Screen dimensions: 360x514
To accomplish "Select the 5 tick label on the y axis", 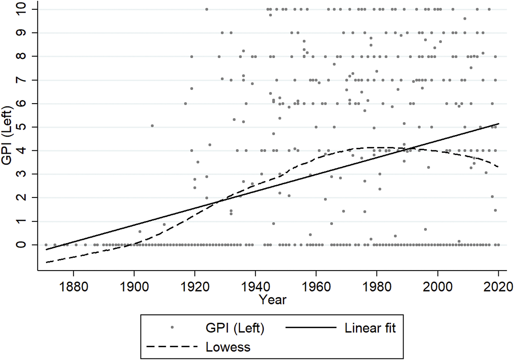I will pos(29,127).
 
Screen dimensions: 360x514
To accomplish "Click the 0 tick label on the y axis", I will pos(29,245).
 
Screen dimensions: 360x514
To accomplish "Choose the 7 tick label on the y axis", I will pos(29,80).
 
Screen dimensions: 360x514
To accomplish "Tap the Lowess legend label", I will pos(228,347).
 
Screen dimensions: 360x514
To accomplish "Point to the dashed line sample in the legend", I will pos(172,346).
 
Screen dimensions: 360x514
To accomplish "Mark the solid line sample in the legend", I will pos(310,328).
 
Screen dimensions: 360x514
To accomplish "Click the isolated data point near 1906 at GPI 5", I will pos(152,126).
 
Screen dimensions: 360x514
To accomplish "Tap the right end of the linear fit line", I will pos(499,123).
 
